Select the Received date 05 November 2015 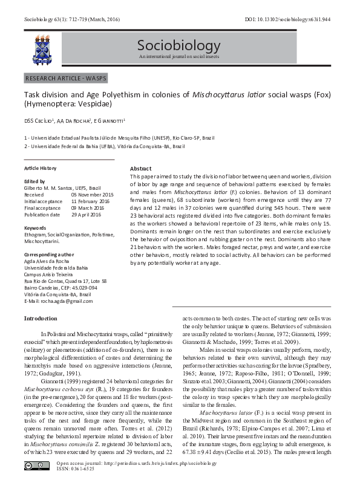93,195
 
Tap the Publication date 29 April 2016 90,215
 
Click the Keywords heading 35,227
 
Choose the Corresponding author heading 49,255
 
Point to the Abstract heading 141,168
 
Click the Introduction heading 41,318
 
